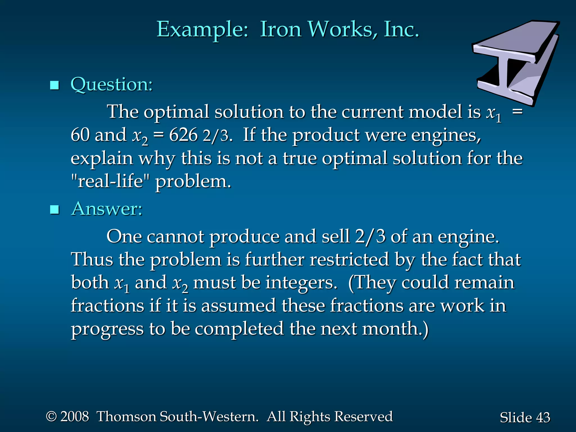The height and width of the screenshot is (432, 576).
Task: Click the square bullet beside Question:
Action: pyautogui.click(x=54, y=85)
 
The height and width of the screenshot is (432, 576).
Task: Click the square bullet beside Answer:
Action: pyautogui.click(x=54, y=210)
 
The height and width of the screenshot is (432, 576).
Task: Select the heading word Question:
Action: pyautogui.click(x=112, y=84)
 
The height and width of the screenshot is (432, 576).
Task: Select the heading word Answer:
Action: pyautogui.click(x=107, y=209)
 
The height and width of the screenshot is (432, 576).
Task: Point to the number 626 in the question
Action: pyautogui.click(x=183, y=135)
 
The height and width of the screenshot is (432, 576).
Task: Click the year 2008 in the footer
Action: pyautogui.click(x=75, y=417)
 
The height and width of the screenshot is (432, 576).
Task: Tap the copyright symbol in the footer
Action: pyautogui.click(x=51, y=417)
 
